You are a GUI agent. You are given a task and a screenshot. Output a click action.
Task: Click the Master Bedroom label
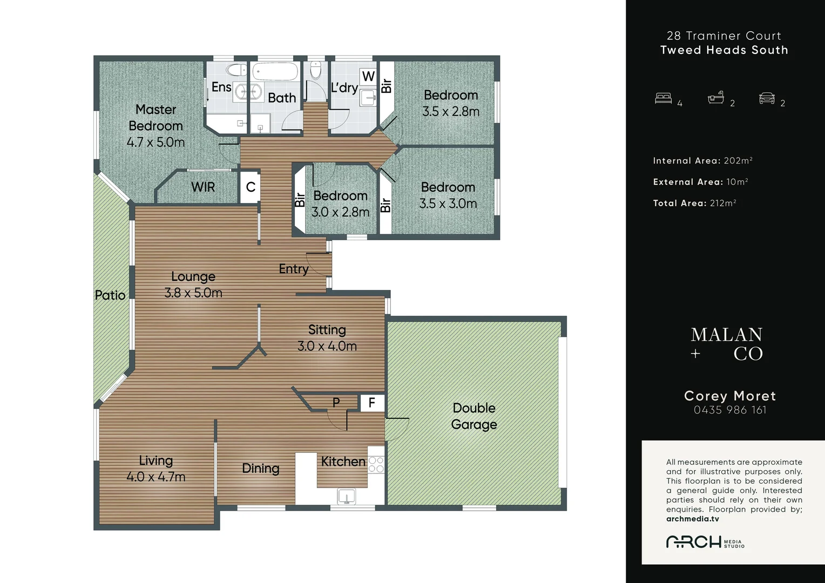156,118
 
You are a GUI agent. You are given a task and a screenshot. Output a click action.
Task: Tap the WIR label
203,187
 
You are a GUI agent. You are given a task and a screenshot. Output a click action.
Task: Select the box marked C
251,187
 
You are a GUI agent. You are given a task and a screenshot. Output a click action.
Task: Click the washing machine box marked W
368,77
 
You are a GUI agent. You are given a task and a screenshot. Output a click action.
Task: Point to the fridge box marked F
372,403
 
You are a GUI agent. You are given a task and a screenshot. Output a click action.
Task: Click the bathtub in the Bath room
275,71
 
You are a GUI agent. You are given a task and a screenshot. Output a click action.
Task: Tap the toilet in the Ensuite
236,70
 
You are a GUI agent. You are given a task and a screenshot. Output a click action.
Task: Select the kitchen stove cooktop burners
376,464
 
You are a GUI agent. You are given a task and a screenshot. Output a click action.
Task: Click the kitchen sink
347,496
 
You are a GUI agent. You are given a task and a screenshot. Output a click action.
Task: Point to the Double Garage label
474,416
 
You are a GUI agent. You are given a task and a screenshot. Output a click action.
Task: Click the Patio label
110,295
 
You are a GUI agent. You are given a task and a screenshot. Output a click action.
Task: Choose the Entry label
294,269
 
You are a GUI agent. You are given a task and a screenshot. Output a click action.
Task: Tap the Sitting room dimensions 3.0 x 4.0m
327,346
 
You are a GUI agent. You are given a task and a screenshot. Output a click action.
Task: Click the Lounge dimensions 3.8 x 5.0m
193,293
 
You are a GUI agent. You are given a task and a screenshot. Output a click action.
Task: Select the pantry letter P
336,403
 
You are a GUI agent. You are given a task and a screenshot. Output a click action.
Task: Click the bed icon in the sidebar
664,98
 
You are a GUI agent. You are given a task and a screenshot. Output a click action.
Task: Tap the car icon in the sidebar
767,98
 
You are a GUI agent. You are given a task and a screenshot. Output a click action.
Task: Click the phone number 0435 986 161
730,410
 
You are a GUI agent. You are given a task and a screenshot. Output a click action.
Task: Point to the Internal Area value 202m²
738,160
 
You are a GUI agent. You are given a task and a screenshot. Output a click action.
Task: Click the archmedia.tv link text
692,519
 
